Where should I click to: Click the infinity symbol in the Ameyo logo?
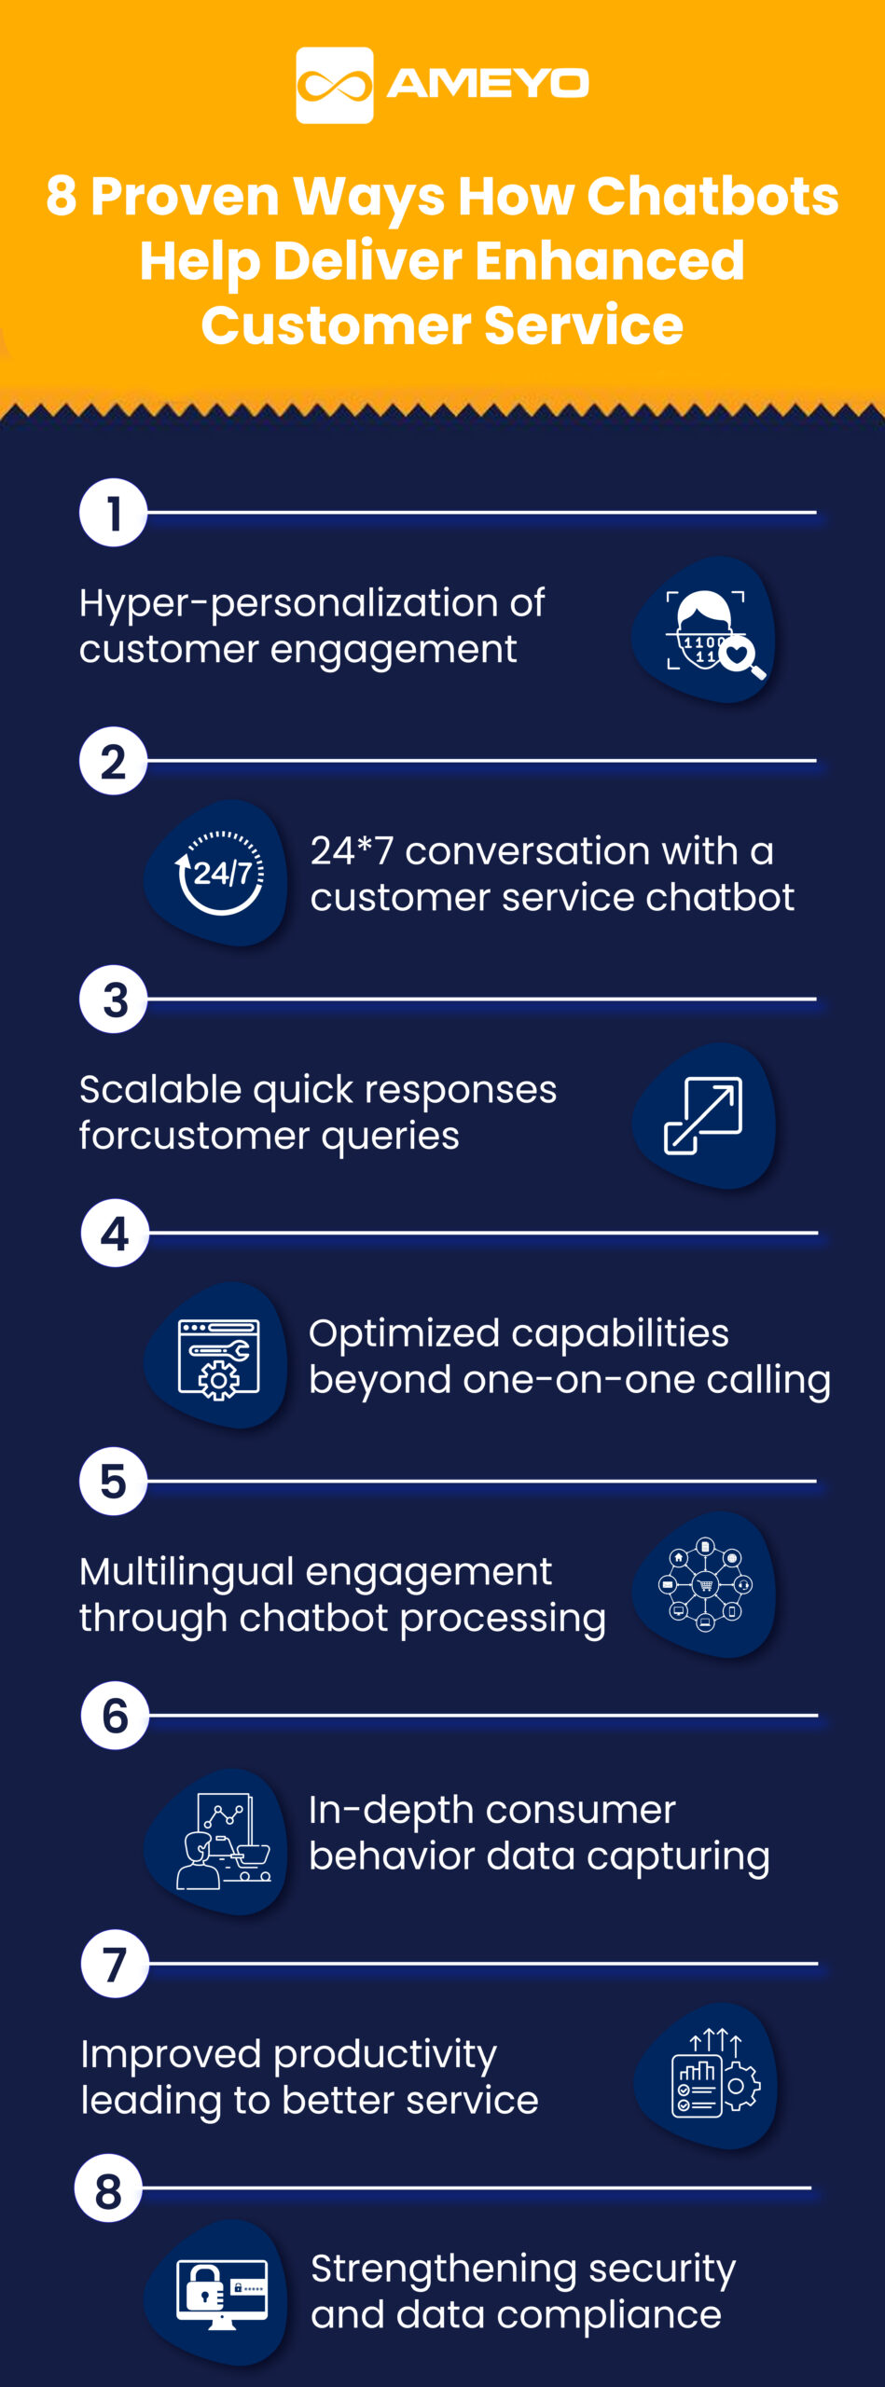(334, 86)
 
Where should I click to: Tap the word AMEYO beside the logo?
(488, 84)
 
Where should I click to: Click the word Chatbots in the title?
(712, 197)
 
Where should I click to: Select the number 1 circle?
(114, 513)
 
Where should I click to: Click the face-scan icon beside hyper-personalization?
(706, 630)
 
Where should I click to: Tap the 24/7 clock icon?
(220, 873)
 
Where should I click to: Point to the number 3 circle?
(114, 1000)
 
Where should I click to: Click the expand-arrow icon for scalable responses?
(704, 1115)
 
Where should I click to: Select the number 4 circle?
(115, 1234)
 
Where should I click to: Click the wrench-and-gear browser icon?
(219, 1359)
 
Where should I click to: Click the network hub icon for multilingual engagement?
(705, 1584)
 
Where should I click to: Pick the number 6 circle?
(115, 1716)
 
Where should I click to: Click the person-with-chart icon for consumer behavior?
(221, 1842)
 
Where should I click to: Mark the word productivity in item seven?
(385, 2054)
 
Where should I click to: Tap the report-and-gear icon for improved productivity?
(714, 2076)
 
